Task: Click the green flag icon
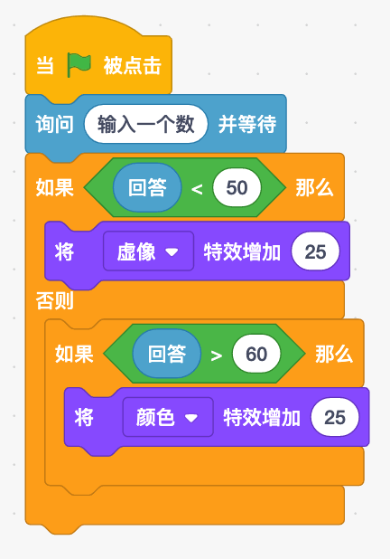click(79, 65)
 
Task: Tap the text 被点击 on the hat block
click(133, 66)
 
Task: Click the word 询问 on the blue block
click(54, 124)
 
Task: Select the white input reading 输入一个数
click(146, 124)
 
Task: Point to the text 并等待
click(247, 124)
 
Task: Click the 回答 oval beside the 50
click(147, 187)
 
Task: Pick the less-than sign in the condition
click(197, 189)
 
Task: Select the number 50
click(237, 187)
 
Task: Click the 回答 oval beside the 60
click(167, 354)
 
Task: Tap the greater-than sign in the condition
click(217, 355)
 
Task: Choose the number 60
click(256, 354)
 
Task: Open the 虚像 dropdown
click(148, 251)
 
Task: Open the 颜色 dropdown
click(168, 417)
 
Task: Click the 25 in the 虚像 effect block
click(315, 251)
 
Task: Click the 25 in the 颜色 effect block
click(335, 417)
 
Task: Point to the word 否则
click(54, 300)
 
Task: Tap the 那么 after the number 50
click(314, 187)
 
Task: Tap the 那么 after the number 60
click(334, 354)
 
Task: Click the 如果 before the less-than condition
click(54, 187)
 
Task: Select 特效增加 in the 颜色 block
click(262, 418)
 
